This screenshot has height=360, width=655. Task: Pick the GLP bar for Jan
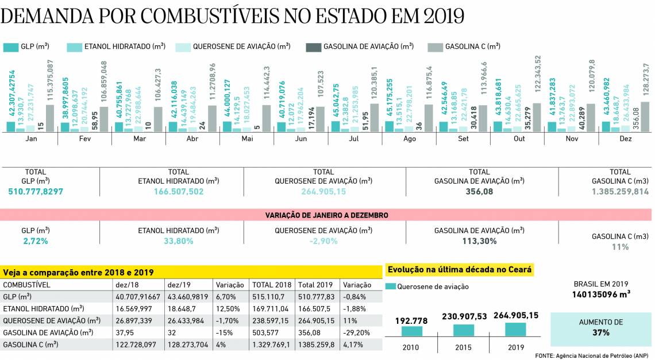click(x=10, y=127)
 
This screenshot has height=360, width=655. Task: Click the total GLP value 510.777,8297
click(x=36, y=191)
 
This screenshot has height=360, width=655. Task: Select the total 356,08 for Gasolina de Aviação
click(x=479, y=191)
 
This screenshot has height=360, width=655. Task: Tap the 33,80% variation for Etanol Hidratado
click(x=178, y=241)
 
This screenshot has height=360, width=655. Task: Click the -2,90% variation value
click(x=323, y=241)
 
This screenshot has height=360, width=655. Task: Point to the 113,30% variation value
click(x=479, y=241)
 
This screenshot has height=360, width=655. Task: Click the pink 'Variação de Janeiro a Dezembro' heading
click(x=326, y=215)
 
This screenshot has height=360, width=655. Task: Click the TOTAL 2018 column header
click(x=272, y=285)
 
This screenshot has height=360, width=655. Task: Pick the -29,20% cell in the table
click(x=355, y=332)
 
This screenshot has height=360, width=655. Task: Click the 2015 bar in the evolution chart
click(x=464, y=330)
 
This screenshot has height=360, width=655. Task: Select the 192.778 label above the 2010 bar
click(x=410, y=320)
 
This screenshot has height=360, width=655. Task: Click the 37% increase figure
click(x=601, y=332)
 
